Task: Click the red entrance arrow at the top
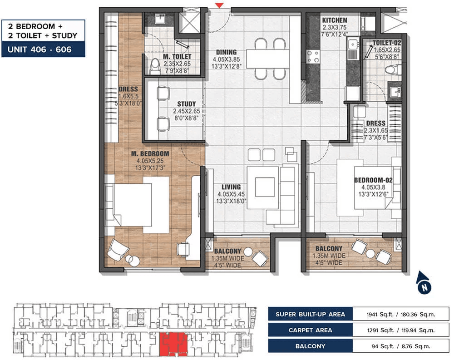click(219, 5)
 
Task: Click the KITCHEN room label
click(334, 20)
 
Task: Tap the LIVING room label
click(231, 187)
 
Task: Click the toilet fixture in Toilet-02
click(392, 70)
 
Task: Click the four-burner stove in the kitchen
click(314, 56)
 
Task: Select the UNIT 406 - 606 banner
click(43, 49)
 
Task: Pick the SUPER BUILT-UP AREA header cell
click(310, 314)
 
